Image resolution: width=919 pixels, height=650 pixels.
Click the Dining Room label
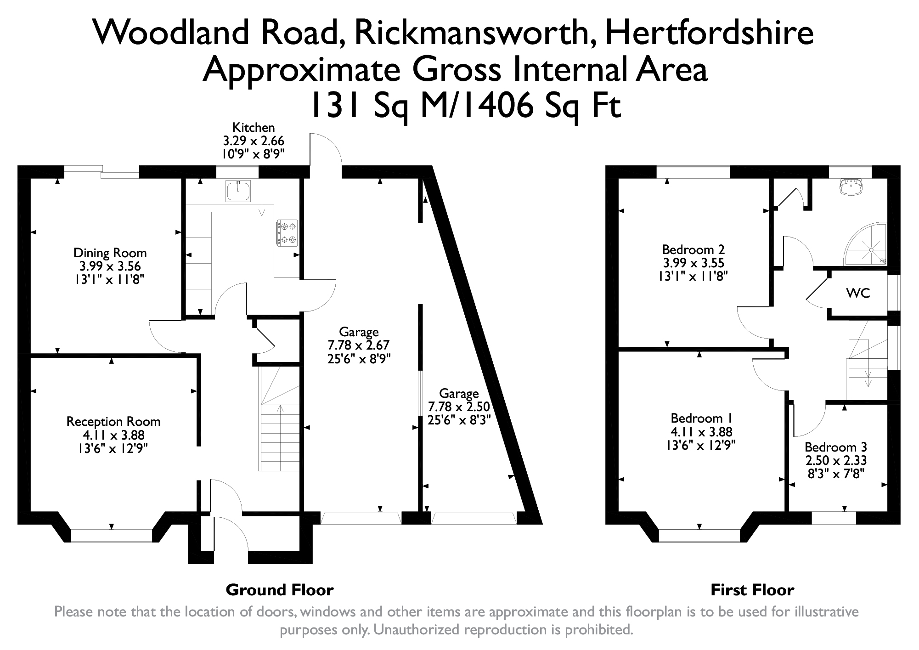tap(110, 253)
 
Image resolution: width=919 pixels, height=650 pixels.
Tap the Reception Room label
tap(113, 421)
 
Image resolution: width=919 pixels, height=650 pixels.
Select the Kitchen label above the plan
tap(254, 127)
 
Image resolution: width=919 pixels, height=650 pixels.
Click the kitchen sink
tap(239, 191)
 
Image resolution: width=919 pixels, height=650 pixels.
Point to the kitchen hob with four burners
tap(287, 233)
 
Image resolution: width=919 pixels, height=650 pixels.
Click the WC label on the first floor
tap(858, 293)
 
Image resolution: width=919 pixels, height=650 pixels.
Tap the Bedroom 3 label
tap(836, 447)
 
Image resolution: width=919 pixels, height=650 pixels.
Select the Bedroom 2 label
tap(693, 250)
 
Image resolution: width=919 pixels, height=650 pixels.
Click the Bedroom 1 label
tap(701, 418)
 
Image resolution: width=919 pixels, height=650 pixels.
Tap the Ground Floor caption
tap(280, 590)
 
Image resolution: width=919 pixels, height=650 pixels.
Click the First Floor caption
tap(752, 590)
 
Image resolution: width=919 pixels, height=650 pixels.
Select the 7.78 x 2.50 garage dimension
tap(459, 407)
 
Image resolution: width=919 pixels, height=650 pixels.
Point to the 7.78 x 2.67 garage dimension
tap(359, 345)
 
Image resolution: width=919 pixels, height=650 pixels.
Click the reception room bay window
tap(111, 535)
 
